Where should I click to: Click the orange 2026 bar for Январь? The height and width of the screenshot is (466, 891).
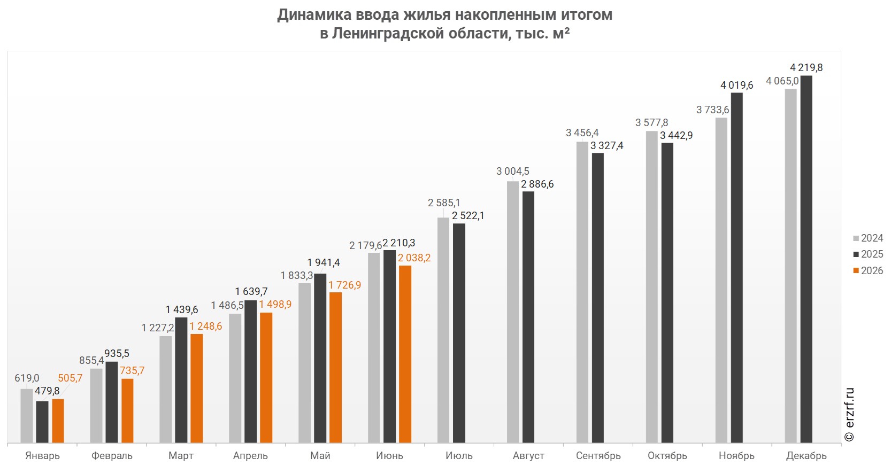tap(58, 421)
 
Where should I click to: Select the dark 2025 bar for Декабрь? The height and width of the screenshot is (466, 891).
tap(806, 259)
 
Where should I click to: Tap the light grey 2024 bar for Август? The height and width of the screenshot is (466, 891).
tap(513, 312)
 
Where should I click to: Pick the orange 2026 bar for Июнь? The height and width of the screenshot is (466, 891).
tap(405, 354)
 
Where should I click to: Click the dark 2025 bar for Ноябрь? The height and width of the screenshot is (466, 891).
tap(736, 268)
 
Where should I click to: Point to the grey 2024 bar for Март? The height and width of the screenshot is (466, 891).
tap(165, 389)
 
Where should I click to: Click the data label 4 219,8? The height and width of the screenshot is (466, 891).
tap(806, 67)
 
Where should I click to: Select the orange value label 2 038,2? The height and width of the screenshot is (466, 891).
tap(414, 258)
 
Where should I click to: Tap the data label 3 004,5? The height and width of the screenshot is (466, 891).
tap(513, 172)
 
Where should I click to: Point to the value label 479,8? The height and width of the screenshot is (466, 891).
tap(47, 391)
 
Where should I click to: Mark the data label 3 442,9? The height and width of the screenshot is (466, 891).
tap(676, 136)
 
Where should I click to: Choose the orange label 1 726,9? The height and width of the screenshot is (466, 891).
tap(344, 285)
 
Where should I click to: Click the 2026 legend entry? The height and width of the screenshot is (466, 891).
tap(868, 271)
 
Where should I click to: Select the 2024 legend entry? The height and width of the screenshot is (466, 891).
tap(868, 238)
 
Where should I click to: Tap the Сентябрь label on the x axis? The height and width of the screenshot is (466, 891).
tap(598, 456)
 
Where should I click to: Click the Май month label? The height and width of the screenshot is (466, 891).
tap(320, 456)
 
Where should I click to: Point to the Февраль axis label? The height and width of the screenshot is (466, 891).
tap(112, 456)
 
